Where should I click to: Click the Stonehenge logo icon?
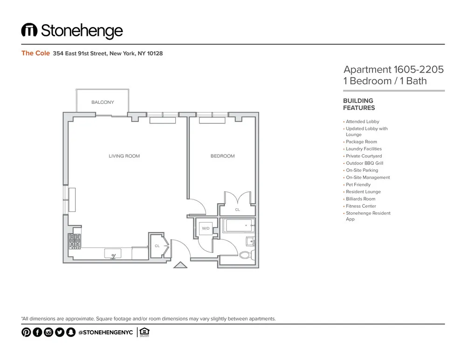pos(29,31)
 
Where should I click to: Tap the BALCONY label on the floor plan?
pos(103,102)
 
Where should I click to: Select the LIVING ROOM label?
pos(124,156)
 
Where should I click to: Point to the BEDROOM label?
pos(223,156)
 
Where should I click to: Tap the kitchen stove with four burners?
pos(75,241)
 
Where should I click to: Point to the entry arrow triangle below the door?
pos(180,265)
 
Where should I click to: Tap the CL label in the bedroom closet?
pos(238,210)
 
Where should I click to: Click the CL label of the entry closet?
pos(157,245)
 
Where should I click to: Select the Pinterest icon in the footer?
pos(26,332)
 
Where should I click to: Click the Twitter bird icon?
pos(60,332)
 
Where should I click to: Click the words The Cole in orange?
pos(35,53)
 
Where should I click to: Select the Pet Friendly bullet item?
pos(358,184)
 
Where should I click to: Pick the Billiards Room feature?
pos(360,199)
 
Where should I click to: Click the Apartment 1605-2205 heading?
pos(393,69)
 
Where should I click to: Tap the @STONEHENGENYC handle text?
pos(105,332)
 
